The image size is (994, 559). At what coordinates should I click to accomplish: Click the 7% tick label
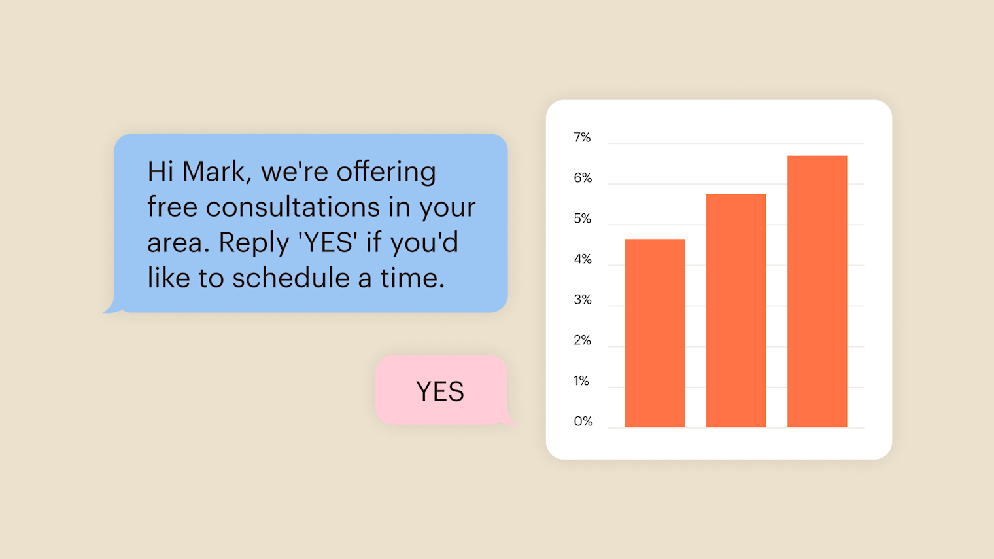tap(582, 137)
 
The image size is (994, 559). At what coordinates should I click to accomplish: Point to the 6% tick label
tap(583, 177)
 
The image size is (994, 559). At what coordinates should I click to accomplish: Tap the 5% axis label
tap(582, 219)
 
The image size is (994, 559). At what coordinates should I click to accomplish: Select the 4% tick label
tap(583, 259)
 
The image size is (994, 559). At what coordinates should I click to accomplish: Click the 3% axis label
tap(583, 300)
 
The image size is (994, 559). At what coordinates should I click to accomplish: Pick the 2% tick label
tap(582, 340)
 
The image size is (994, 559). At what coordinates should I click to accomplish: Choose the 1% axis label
tap(581, 380)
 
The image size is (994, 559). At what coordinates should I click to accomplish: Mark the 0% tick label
tap(583, 421)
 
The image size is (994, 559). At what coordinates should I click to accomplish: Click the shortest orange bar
tap(655, 333)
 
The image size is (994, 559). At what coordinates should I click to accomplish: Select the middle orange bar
tap(736, 311)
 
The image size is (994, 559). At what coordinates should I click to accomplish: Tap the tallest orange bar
tap(817, 291)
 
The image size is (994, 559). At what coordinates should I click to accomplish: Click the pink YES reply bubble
tap(441, 390)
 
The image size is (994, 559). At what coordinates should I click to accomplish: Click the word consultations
tap(293, 207)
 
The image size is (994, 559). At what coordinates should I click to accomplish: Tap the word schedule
tap(290, 278)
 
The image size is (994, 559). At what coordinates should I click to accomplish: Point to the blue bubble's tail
tap(112, 308)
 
